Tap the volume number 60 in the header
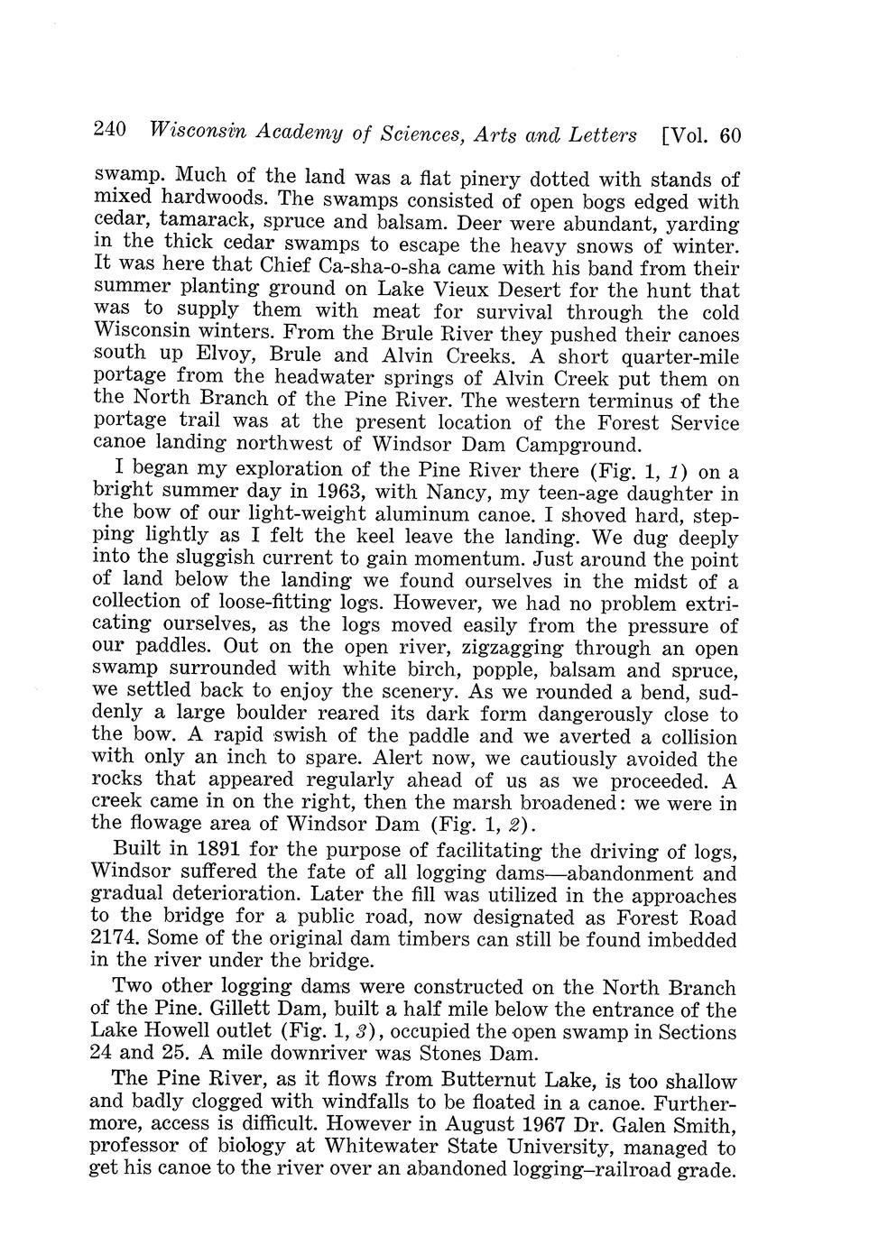[729, 136]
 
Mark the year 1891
[209, 850]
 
